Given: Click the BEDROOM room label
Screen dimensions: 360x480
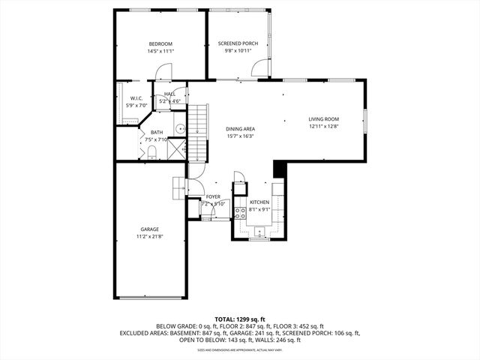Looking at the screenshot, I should (x=160, y=44).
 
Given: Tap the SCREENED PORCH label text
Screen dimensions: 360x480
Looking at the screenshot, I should (x=238, y=44).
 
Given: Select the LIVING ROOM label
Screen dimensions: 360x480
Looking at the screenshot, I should (x=324, y=119).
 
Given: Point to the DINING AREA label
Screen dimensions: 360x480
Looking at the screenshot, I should (x=240, y=129).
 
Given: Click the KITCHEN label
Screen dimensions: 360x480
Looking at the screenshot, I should (x=259, y=202).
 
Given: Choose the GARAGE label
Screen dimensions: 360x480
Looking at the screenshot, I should (x=149, y=229).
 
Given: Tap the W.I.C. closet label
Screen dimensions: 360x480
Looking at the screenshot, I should (x=136, y=98).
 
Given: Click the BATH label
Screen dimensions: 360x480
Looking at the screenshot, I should (x=156, y=132).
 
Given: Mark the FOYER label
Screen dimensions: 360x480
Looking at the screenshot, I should (x=213, y=196).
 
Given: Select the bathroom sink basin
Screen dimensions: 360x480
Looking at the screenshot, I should (x=181, y=130).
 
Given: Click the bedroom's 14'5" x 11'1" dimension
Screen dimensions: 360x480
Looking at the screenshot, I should (x=160, y=52).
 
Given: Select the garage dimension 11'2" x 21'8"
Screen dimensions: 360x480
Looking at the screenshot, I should (x=149, y=237).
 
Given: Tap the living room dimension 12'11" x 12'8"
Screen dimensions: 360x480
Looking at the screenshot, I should (x=324, y=127).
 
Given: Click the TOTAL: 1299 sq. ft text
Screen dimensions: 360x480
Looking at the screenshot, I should (x=239, y=319).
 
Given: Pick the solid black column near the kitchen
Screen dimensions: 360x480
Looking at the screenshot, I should (x=280, y=169).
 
